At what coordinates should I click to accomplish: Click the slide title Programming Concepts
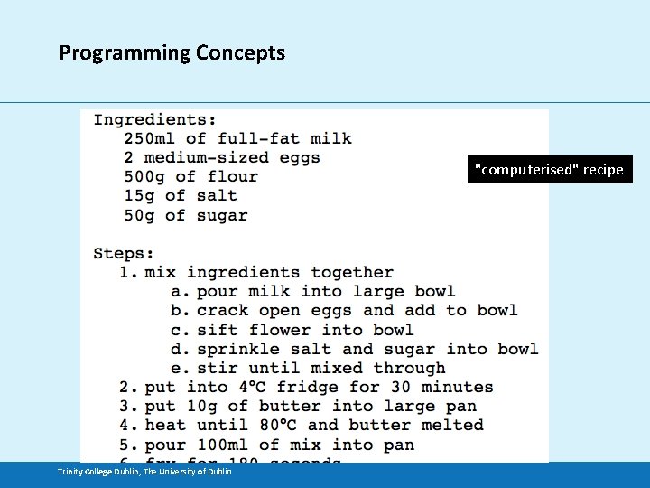(x=172, y=52)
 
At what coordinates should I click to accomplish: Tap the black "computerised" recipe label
(x=550, y=169)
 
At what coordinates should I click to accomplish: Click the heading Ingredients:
(x=154, y=119)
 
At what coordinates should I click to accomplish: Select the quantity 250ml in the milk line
(x=150, y=138)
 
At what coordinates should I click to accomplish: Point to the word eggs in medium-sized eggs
(x=299, y=157)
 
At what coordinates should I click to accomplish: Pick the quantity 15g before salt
(x=139, y=195)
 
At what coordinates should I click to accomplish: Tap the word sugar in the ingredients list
(x=222, y=215)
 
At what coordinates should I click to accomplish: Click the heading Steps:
(x=124, y=253)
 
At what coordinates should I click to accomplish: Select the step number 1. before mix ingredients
(x=128, y=272)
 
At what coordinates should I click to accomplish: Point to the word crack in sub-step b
(x=222, y=310)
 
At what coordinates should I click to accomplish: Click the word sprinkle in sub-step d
(x=237, y=349)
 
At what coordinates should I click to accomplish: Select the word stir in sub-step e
(x=217, y=368)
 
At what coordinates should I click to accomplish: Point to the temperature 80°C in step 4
(x=273, y=425)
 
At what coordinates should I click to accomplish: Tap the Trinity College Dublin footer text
(x=144, y=472)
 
